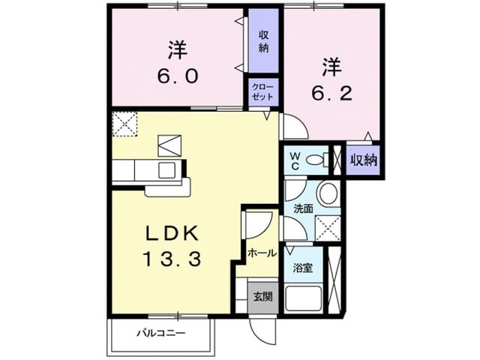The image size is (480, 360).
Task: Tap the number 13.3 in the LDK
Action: point(172,259)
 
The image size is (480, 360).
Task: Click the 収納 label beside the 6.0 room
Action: point(264,41)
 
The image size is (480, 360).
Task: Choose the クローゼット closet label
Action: point(265,93)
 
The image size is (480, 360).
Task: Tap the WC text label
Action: point(295,160)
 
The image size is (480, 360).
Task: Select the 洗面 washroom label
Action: point(303,208)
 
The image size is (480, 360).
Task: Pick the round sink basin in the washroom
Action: point(328,193)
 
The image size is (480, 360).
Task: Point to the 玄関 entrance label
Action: point(262,295)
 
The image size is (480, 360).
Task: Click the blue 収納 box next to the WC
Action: point(363,160)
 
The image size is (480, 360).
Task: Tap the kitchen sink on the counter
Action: point(166,169)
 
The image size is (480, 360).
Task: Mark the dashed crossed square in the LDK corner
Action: point(124,124)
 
